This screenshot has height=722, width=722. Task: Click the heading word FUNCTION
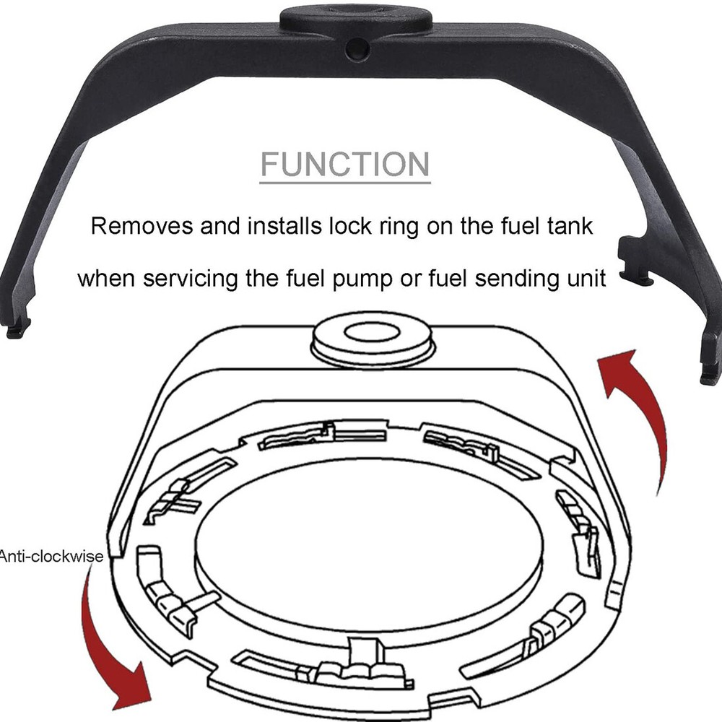(x=345, y=164)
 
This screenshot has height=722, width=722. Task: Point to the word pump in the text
(x=361, y=279)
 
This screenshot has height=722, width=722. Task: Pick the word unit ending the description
(x=583, y=278)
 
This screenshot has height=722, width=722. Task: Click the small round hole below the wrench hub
(x=356, y=49)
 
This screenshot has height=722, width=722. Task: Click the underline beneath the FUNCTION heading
(x=345, y=182)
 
